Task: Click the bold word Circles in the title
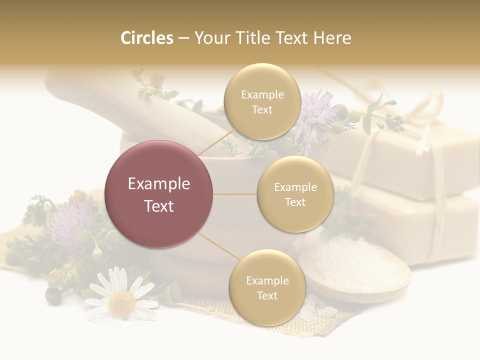(x=146, y=38)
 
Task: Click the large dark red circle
(x=159, y=194)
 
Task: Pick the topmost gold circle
(x=262, y=102)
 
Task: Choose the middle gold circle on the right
(x=295, y=194)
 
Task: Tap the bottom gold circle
(x=267, y=287)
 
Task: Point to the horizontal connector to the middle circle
(x=235, y=194)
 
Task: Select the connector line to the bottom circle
(x=218, y=246)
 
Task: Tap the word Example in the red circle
(x=159, y=184)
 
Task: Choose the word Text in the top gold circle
(x=262, y=110)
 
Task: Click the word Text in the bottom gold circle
(x=267, y=295)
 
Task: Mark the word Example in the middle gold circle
(x=295, y=187)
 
